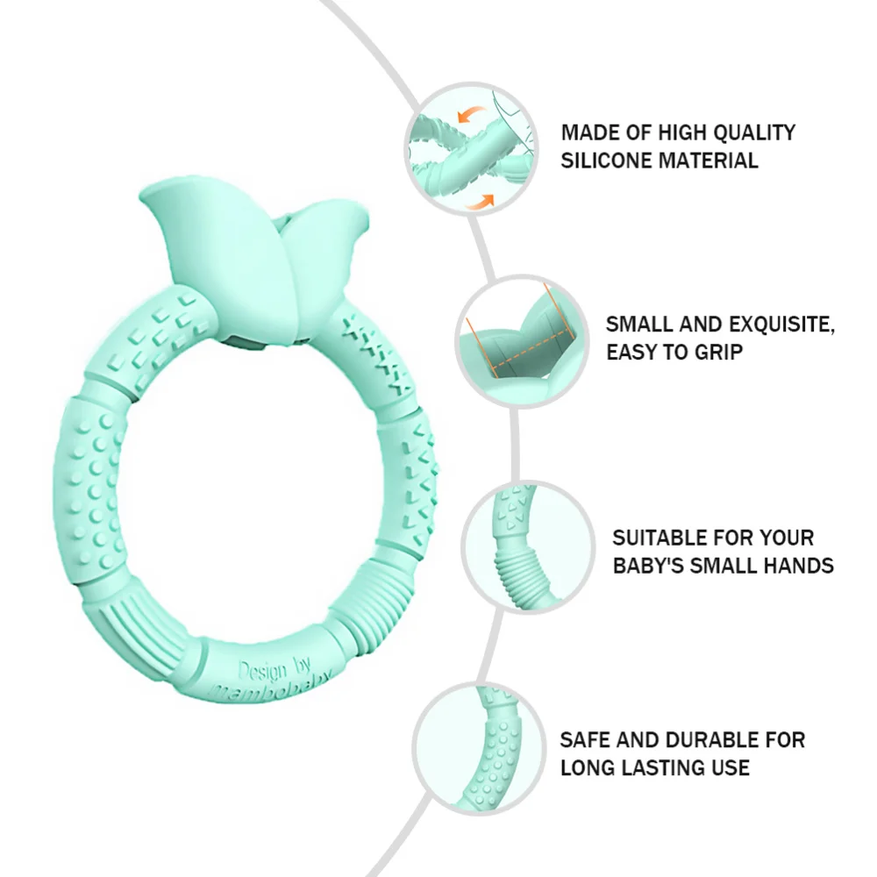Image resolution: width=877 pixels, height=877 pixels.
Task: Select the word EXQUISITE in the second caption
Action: [x=775, y=324]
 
